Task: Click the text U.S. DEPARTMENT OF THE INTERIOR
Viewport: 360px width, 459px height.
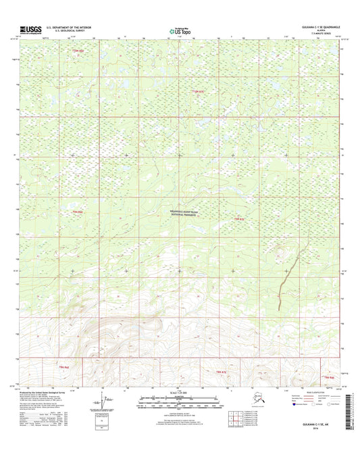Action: click(x=68, y=28)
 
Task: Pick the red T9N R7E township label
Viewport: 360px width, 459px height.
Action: click(x=197, y=91)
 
